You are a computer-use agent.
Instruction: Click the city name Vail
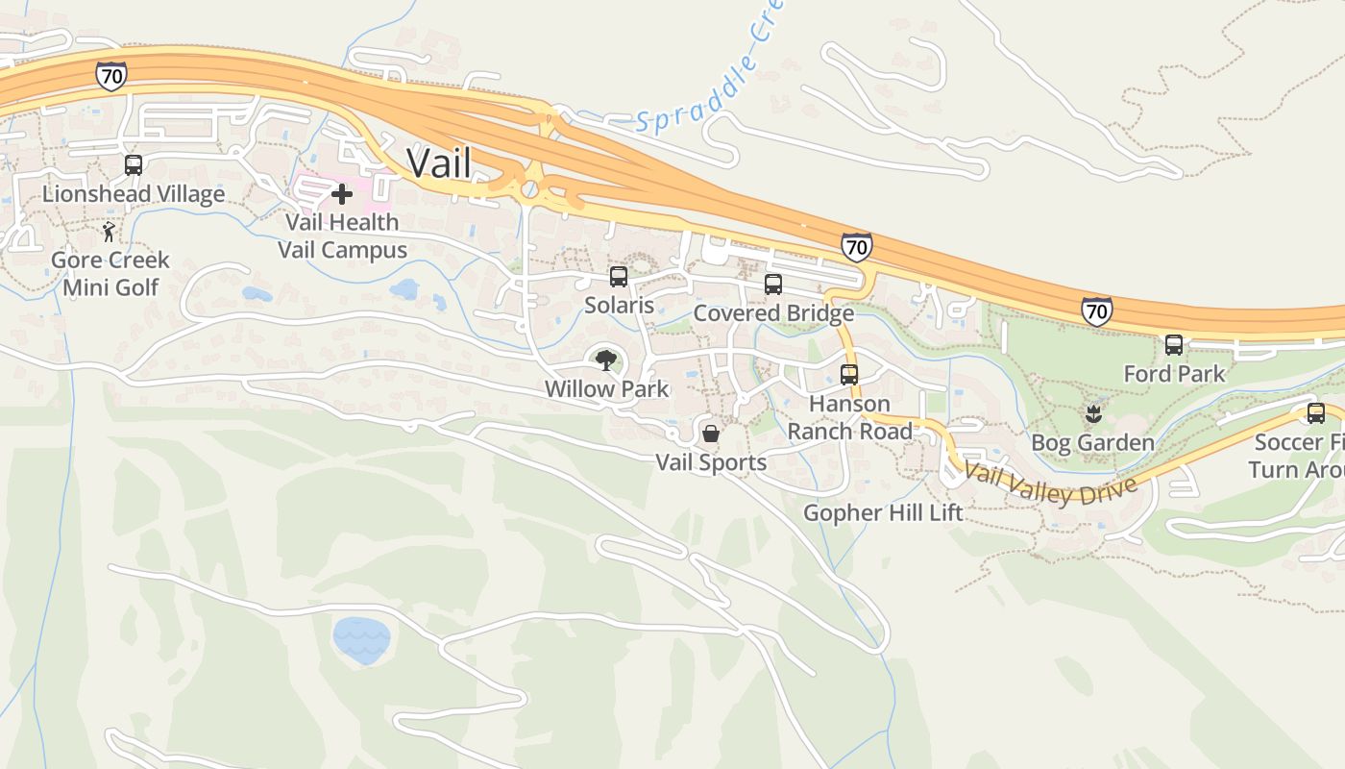coord(439,162)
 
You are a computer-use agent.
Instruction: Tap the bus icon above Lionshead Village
coord(134,165)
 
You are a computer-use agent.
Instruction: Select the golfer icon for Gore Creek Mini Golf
coord(110,232)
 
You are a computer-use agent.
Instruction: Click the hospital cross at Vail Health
coord(341,195)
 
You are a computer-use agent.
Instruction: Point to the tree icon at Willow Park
coord(605,361)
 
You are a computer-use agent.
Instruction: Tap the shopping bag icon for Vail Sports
coord(711,434)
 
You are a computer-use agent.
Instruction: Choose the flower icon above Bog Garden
coord(1092,415)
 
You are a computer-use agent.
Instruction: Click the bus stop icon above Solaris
coord(619,277)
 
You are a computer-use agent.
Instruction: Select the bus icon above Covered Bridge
coord(773,285)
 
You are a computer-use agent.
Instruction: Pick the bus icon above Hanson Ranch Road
coord(849,375)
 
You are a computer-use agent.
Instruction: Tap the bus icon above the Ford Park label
coord(1174,345)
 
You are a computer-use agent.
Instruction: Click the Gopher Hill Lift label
coord(883,512)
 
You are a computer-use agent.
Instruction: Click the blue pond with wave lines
coord(361,639)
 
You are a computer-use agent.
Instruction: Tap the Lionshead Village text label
coord(134,194)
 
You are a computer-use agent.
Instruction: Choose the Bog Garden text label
coord(1092,443)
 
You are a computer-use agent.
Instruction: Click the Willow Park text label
coord(606,389)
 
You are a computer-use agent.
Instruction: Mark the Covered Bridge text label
coord(773,313)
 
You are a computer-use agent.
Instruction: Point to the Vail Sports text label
coord(711,462)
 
